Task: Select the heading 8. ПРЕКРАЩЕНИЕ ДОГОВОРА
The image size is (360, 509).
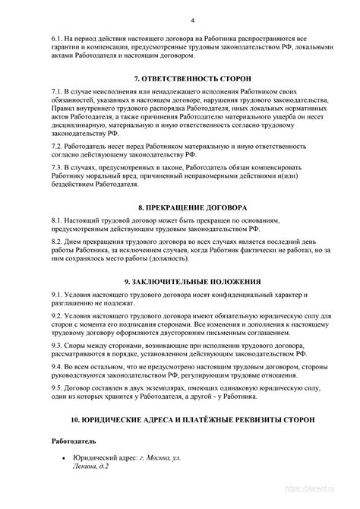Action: (x=180, y=207)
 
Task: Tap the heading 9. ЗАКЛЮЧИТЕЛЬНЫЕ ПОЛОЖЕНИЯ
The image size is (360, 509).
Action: (x=180, y=281)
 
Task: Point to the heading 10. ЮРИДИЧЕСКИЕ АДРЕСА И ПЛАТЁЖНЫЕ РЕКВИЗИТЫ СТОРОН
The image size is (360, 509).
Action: (x=180, y=419)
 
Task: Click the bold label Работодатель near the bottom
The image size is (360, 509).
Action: (x=74, y=441)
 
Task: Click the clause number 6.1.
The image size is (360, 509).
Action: (x=57, y=36)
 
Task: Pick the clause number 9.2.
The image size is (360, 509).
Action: (x=57, y=315)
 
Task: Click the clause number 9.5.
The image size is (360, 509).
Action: (x=57, y=387)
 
